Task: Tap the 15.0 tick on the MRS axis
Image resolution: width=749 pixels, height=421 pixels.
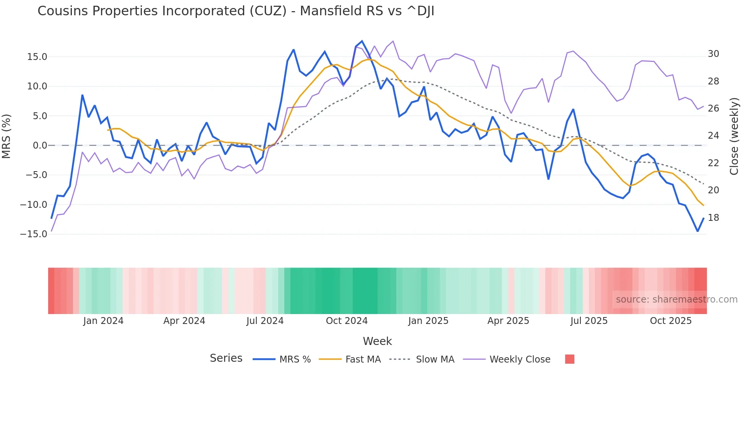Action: (37, 57)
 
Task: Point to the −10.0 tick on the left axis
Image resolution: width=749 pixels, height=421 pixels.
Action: (34, 205)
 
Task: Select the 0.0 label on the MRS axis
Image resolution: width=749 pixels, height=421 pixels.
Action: (40, 146)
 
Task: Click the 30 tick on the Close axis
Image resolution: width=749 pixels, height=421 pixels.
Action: (713, 54)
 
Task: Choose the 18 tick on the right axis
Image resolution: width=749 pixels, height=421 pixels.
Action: (713, 218)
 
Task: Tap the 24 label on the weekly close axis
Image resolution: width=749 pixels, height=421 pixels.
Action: (713, 136)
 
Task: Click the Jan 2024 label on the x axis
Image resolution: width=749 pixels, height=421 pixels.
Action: (103, 321)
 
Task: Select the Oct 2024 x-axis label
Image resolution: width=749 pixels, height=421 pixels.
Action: (347, 321)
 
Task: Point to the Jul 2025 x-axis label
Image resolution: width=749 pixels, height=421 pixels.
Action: (589, 321)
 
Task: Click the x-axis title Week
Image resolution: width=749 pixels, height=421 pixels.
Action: (377, 341)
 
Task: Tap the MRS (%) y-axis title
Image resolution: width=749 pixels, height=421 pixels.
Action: (6, 136)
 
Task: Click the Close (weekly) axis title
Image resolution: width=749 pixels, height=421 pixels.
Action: (734, 136)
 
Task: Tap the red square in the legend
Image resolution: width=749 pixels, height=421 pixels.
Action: (569, 359)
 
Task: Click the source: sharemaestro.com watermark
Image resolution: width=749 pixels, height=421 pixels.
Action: (676, 300)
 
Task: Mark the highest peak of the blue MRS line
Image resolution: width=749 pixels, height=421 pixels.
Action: (362, 41)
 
